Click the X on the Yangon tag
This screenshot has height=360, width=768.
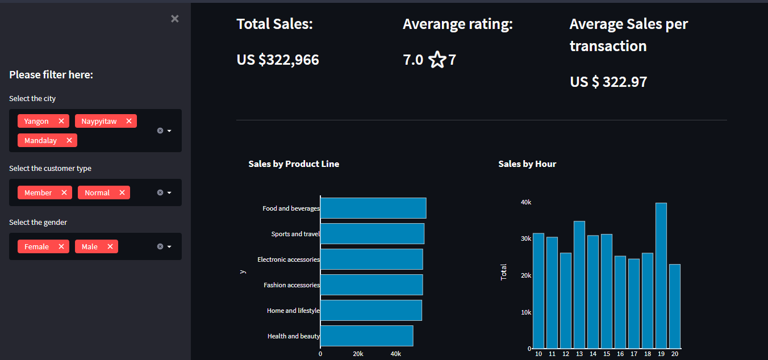pos(61,121)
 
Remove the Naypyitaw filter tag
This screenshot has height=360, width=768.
pos(129,121)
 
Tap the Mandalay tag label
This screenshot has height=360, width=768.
pos(40,141)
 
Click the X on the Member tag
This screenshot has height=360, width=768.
pos(64,192)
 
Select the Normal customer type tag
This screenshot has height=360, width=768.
pos(97,192)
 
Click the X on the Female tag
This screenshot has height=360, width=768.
pos(61,246)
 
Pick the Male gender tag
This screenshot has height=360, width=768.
pos(90,246)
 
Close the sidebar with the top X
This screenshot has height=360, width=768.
pos(175,19)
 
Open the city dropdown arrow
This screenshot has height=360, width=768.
pos(169,131)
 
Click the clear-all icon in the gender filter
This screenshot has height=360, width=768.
pos(160,246)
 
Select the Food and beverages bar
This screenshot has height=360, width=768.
pos(373,208)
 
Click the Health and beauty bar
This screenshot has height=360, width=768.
pos(367,336)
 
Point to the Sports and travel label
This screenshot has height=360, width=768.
pos(295,234)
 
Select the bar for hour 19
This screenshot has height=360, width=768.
pos(661,275)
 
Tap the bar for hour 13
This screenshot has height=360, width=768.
pos(579,284)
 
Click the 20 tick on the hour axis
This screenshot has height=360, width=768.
pos(675,354)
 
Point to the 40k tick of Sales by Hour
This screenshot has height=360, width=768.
pos(526,202)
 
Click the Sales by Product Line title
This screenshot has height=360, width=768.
pos(294,164)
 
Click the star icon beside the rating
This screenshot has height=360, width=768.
pos(437,60)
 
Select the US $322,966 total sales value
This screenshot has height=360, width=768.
pos(278,60)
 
